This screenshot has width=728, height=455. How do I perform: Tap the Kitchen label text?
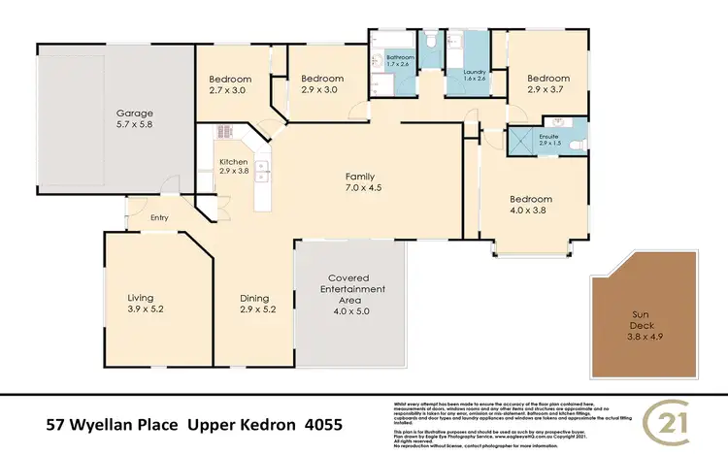pyautogui.click(x=234, y=162)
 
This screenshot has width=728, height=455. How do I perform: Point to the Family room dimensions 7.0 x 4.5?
pyautogui.click(x=359, y=189)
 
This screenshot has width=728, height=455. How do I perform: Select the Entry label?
pyautogui.click(x=159, y=218)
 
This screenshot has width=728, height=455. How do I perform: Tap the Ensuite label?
pyautogui.click(x=549, y=138)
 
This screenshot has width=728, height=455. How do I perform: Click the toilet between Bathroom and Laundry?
pyautogui.click(x=432, y=42)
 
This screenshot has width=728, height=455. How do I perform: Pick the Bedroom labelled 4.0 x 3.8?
pyautogui.click(x=530, y=207)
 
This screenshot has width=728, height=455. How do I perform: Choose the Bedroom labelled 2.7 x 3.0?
pyautogui.click(x=231, y=84)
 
